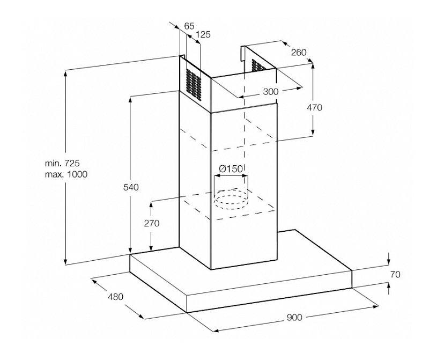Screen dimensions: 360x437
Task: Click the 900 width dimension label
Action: click(x=294, y=317)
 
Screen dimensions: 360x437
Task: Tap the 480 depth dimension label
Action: click(x=115, y=296)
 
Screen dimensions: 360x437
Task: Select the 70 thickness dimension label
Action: click(x=395, y=274)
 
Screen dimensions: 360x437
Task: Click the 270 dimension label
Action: click(x=152, y=224)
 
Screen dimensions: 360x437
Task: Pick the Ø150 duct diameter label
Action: click(x=231, y=169)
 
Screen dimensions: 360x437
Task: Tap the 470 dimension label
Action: click(x=314, y=107)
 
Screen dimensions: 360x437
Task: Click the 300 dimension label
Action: click(x=271, y=91)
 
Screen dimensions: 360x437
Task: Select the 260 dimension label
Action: click(x=299, y=52)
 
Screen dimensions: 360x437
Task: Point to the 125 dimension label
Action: click(x=203, y=34)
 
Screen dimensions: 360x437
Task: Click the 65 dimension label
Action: click(x=189, y=25)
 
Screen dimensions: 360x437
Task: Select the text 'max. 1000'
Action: click(x=66, y=174)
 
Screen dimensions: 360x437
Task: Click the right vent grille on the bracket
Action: click(x=259, y=65)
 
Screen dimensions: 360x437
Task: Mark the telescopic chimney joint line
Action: click(x=244, y=110)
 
